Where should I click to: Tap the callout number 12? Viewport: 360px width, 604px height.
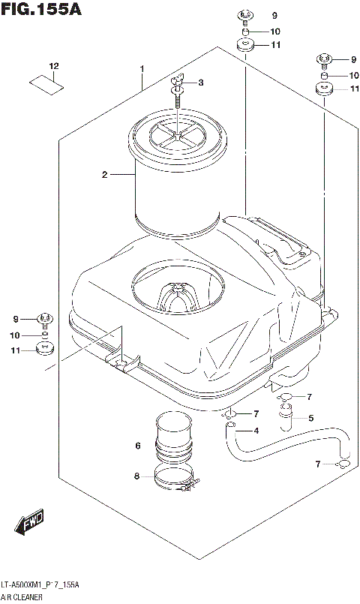54,67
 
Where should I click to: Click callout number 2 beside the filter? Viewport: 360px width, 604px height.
105,175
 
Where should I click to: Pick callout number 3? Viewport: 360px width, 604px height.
200,83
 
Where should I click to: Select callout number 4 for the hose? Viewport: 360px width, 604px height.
256,430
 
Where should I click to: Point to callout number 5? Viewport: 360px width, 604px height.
310,418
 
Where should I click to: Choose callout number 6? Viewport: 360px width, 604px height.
138,446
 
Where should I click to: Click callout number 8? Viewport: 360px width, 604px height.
137,476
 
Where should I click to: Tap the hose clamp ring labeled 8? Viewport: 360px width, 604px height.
177,478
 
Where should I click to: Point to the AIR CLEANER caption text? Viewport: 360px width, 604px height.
22,597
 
